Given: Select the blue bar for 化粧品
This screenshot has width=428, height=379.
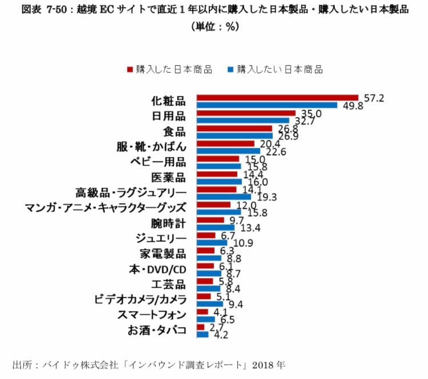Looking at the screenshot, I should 267,106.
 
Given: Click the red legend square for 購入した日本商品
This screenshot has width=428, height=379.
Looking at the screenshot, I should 130,70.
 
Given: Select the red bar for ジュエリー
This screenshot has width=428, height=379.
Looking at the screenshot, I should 205,235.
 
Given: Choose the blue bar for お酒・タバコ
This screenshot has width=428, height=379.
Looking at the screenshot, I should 202,335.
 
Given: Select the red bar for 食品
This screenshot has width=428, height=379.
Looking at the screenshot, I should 234,128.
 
